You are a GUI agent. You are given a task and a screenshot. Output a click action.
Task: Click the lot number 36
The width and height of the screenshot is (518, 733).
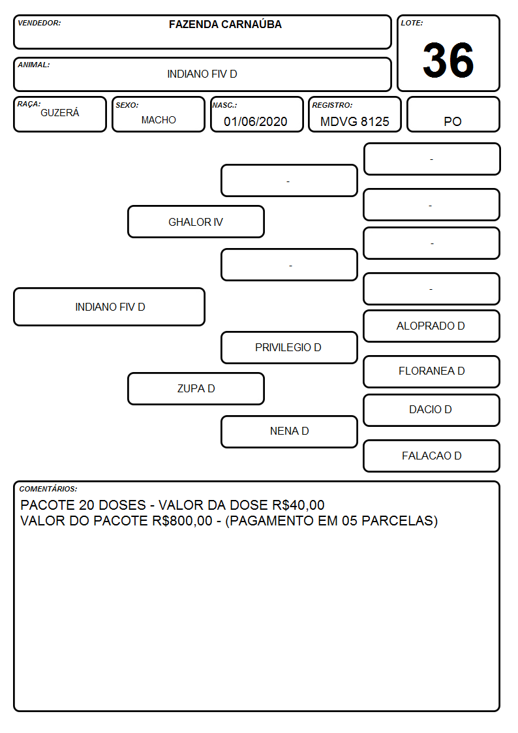[x=448, y=60]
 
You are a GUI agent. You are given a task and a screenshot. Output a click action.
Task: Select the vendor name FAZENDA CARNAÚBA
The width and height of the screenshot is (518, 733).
[x=225, y=24]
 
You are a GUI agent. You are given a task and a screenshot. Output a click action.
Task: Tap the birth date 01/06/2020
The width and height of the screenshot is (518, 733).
[x=256, y=121]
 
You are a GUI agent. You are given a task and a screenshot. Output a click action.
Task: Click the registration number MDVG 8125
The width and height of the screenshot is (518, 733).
[x=354, y=121]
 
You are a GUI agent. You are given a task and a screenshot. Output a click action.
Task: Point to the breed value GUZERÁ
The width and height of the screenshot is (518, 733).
[x=60, y=113]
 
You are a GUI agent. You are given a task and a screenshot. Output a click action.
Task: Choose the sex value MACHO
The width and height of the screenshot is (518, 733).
[x=159, y=120]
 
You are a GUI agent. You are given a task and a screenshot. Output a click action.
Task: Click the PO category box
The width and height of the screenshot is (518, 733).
[x=453, y=114]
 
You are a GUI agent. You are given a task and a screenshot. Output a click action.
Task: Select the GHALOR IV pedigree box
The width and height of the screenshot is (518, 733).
[x=196, y=221]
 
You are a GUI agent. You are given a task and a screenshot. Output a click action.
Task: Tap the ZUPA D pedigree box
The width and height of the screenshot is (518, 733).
[x=196, y=388]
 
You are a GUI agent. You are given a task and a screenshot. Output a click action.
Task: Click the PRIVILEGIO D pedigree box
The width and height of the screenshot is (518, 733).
[x=289, y=347]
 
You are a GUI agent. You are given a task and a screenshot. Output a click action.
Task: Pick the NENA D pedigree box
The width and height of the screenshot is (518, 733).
[x=289, y=431]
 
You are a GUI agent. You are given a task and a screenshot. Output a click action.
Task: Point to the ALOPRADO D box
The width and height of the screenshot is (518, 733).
[x=432, y=326]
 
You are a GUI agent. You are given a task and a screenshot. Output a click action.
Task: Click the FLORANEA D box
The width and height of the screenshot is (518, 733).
[x=432, y=371]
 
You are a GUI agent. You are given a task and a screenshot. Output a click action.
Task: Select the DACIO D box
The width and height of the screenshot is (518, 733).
[x=432, y=410]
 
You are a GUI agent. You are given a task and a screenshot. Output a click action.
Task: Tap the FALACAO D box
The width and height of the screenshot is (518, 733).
[x=432, y=456]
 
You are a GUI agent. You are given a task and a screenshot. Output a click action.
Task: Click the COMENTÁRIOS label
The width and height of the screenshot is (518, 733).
[x=48, y=489]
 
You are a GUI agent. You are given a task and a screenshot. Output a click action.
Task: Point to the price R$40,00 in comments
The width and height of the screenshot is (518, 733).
[x=298, y=505]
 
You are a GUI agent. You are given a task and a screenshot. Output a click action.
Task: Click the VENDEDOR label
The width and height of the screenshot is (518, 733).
[x=39, y=23]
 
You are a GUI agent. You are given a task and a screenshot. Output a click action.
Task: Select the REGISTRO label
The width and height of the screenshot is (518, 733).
[x=332, y=105]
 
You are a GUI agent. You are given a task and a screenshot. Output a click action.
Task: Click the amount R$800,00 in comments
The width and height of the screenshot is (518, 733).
[x=182, y=521]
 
